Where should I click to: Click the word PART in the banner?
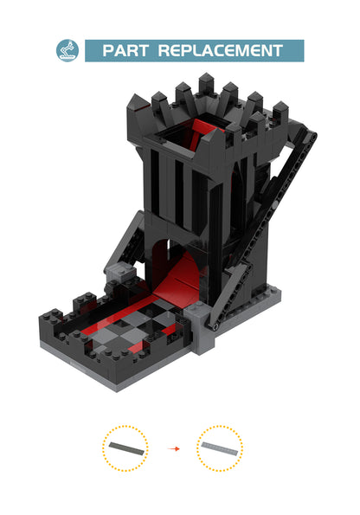pos(125,51)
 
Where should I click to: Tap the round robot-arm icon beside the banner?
pos(67,50)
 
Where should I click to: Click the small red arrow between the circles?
pos(173,449)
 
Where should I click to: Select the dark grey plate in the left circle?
pos(125,447)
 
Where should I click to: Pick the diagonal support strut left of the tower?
pos(130,242)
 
